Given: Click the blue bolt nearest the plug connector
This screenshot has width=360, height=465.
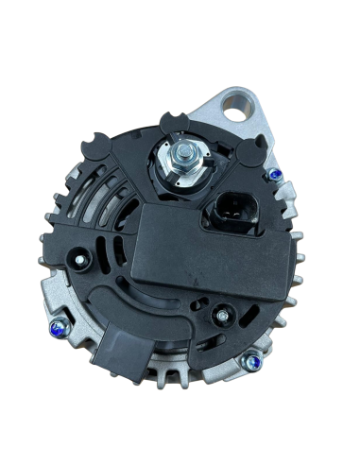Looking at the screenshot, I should [x=272, y=176].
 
